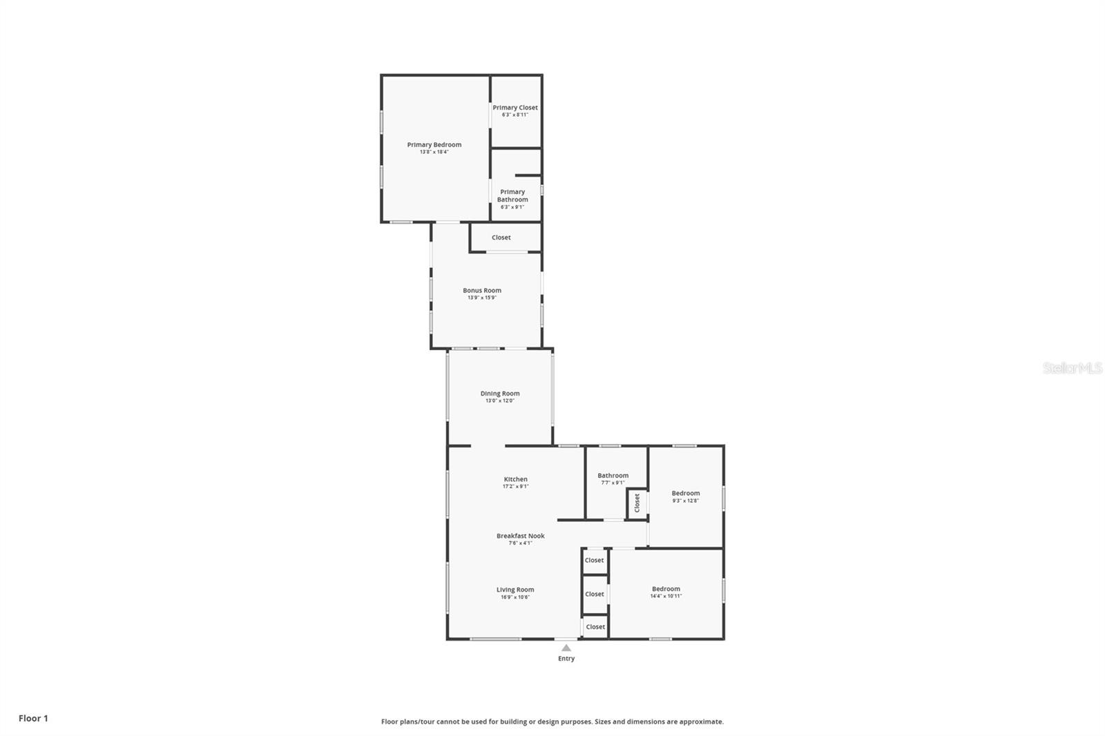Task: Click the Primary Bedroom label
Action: pos(434,145)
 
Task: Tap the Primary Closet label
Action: pos(515,108)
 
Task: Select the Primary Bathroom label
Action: pos(512,196)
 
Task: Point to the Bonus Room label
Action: pos(482,291)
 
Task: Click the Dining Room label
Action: pos(500,394)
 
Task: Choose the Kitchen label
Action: pos(515,479)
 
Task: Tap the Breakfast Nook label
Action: pos(520,536)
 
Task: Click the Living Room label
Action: pos(515,590)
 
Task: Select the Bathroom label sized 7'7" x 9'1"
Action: pos(613,476)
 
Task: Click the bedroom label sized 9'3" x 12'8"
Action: pos(685,493)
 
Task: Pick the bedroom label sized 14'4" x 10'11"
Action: pos(666,589)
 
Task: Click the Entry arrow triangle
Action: pos(566,648)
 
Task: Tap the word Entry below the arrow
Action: pos(566,659)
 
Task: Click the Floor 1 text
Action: pos(33,718)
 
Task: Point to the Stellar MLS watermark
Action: pos(1073,368)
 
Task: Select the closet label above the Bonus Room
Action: pos(501,238)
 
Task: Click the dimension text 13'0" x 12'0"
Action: pos(500,401)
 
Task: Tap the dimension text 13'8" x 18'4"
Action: pos(434,152)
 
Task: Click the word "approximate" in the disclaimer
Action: pos(701,722)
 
